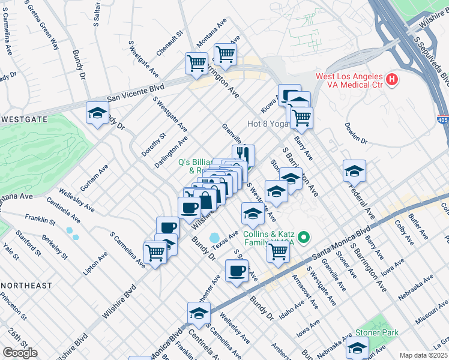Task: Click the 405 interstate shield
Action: point(442,121)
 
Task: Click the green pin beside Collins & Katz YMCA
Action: point(304,239)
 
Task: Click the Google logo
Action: point(20,353)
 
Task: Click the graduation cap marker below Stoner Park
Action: point(357,347)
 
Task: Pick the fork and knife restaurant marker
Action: point(243,155)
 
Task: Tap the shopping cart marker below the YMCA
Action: point(278,252)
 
